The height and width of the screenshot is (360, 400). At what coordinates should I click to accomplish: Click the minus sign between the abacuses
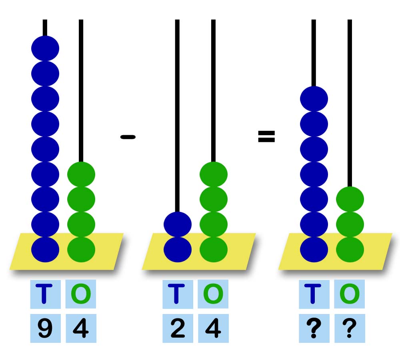point(128,137)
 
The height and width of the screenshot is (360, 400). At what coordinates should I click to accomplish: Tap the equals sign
point(266,137)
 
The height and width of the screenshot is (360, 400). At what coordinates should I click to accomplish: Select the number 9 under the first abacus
point(45,328)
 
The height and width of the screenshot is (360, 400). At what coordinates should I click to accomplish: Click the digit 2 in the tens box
point(178,328)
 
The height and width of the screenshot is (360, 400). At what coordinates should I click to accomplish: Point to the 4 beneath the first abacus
point(81,328)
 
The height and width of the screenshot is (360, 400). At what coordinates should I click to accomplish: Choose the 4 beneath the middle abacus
point(213,328)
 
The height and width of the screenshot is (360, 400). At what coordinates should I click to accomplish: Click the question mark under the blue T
point(314,328)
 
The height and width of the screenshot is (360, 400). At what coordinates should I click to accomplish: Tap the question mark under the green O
point(350,328)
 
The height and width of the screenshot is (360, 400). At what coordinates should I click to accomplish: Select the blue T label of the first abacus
point(45,294)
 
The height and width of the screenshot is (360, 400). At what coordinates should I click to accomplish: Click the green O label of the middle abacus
point(213,294)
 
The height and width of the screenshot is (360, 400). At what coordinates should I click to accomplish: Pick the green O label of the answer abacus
point(350,294)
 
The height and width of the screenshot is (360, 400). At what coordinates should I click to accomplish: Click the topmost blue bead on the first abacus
point(45,48)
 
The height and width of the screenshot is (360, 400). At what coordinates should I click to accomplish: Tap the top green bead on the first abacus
point(81,174)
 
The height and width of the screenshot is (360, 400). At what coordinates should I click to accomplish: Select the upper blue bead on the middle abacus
point(178,224)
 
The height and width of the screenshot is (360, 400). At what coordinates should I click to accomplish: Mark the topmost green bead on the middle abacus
point(214,174)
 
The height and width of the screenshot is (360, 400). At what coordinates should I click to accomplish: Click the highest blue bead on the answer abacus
point(314,99)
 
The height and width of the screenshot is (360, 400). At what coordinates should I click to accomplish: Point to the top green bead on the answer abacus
point(350,199)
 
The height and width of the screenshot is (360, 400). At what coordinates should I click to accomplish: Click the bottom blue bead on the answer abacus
point(314,249)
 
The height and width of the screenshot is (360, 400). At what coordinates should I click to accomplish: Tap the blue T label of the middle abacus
point(178,294)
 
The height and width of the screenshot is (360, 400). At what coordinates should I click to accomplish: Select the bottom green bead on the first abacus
point(81,249)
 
